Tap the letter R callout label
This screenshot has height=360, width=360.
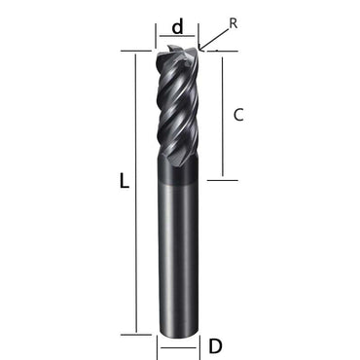[x=233, y=20]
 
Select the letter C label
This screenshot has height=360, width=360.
[x=238, y=115]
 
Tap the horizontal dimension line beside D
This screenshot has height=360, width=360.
[x=178, y=345]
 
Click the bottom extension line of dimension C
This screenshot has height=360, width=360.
[x=222, y=178]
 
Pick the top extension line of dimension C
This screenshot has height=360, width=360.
[x=216, y=55]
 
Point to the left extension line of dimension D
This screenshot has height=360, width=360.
[x=159, y=344]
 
